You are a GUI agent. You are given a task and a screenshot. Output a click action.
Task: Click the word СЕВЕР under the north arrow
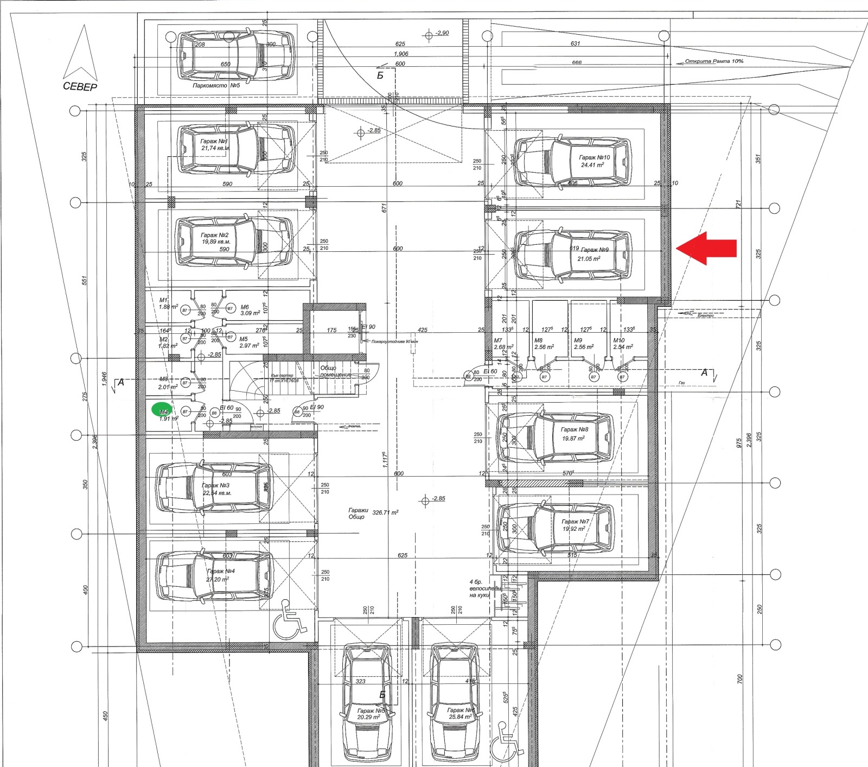[x=80, y=87]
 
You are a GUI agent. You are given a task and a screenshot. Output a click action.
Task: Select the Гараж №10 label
[x=594, y=157]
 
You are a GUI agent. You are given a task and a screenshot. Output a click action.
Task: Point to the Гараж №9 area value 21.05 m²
[x=589, y=259]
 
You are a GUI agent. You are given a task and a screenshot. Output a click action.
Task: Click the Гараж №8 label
[x=575, y=429]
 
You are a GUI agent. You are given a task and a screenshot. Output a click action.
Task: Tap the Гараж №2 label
[x=215, y=235]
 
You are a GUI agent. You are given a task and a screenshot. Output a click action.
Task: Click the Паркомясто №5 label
[x=216, y=86]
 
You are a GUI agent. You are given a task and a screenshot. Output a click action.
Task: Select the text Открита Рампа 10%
[x=714, y=61]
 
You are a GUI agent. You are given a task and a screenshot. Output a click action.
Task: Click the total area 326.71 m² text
[x=385, y=512]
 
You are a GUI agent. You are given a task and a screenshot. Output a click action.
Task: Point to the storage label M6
[x=245, y=307]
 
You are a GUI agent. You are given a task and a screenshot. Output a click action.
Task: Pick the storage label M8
[x=538, y=340]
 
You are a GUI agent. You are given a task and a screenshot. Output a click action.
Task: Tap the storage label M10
[x=618, y=340]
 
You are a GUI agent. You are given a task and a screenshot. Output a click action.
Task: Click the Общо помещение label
[x=335, y=372]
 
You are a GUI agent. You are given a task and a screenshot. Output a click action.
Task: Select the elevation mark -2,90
[x=442, y=33]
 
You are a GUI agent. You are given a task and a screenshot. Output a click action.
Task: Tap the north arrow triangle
[x=81, y=53]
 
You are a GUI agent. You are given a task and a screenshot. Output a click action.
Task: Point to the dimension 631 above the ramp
[x=575, y=43]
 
